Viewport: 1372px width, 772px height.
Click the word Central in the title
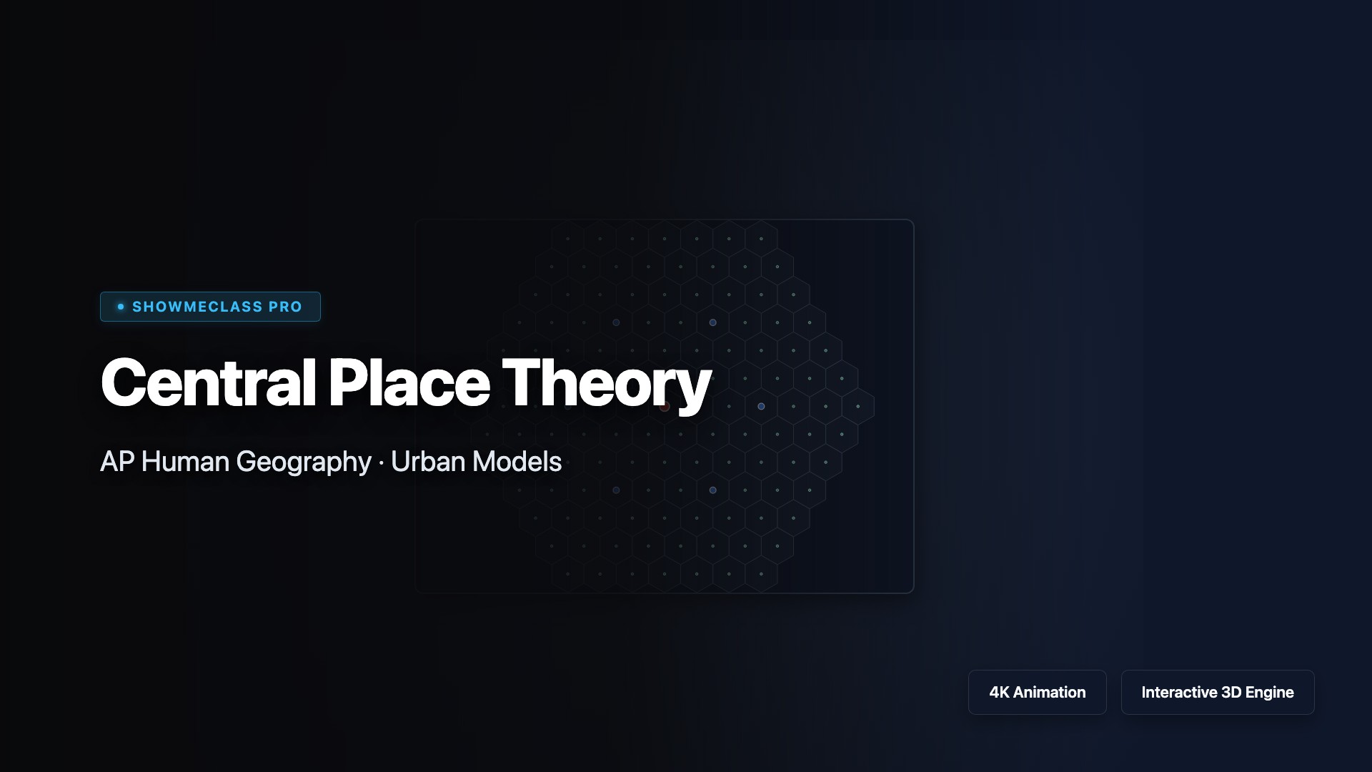point(208,382)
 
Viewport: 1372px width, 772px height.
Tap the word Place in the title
point(409,382)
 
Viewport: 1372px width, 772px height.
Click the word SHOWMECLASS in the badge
point(197,307)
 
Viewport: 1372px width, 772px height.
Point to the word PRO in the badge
point(286,307)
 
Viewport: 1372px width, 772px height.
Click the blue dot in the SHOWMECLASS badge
point(121,307)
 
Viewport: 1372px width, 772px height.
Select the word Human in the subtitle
point(185,462)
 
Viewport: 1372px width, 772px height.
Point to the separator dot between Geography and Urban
point(381,463)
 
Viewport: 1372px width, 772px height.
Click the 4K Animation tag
point(1038,692)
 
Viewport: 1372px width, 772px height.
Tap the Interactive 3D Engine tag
point(1218,692)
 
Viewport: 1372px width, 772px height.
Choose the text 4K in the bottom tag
point(999,692)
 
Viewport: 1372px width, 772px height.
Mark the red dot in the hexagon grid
point(665,406)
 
